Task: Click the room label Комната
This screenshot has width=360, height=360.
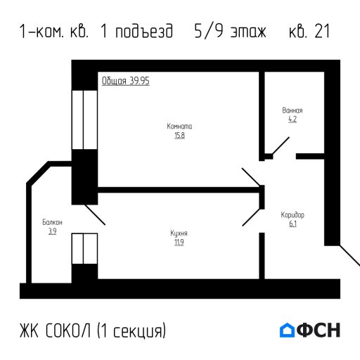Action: tap(179, 127)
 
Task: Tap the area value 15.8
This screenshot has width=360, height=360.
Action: tap(179, 135)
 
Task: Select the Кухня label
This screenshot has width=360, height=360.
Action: tap(179, 233)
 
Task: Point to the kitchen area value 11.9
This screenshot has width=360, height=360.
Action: tap(179, 243)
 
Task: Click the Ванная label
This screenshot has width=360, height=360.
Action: tap(292, 111)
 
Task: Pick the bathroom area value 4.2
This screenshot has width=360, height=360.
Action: tap(292, 120)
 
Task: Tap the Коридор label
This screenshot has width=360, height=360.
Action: tap(292, 214)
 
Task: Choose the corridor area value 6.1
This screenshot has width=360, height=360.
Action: tap(292, 224)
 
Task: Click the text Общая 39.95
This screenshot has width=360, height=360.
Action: tap(125, 81)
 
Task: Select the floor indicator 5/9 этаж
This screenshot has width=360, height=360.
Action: tap(230, 32)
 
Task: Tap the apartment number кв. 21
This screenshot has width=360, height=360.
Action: tap(309, 32)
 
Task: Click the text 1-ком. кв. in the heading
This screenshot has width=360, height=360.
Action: tap(55, 32)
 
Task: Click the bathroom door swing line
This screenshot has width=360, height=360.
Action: tap(281, 146)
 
